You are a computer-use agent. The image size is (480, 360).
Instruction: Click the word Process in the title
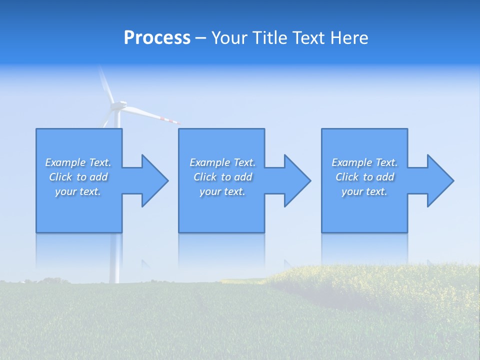click(157, 38)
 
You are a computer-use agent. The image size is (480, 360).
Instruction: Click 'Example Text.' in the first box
click(78, 162)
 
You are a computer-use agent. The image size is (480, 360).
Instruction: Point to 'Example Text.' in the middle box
click(222, 162)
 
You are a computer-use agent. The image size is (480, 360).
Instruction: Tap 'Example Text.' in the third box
click(364, 162)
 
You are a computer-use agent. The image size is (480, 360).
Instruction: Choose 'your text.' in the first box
click(78, 191)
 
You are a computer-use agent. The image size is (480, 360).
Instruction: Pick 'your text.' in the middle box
click(222, 191)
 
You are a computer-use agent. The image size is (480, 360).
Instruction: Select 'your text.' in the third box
click(364, 191)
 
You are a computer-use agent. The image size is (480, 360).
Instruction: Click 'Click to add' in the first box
click(78, 177)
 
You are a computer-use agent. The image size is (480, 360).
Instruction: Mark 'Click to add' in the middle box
click(222, 177)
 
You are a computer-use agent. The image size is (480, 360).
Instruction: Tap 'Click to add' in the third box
click(364, 177)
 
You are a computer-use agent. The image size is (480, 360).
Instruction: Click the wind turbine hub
click(117, 105)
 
